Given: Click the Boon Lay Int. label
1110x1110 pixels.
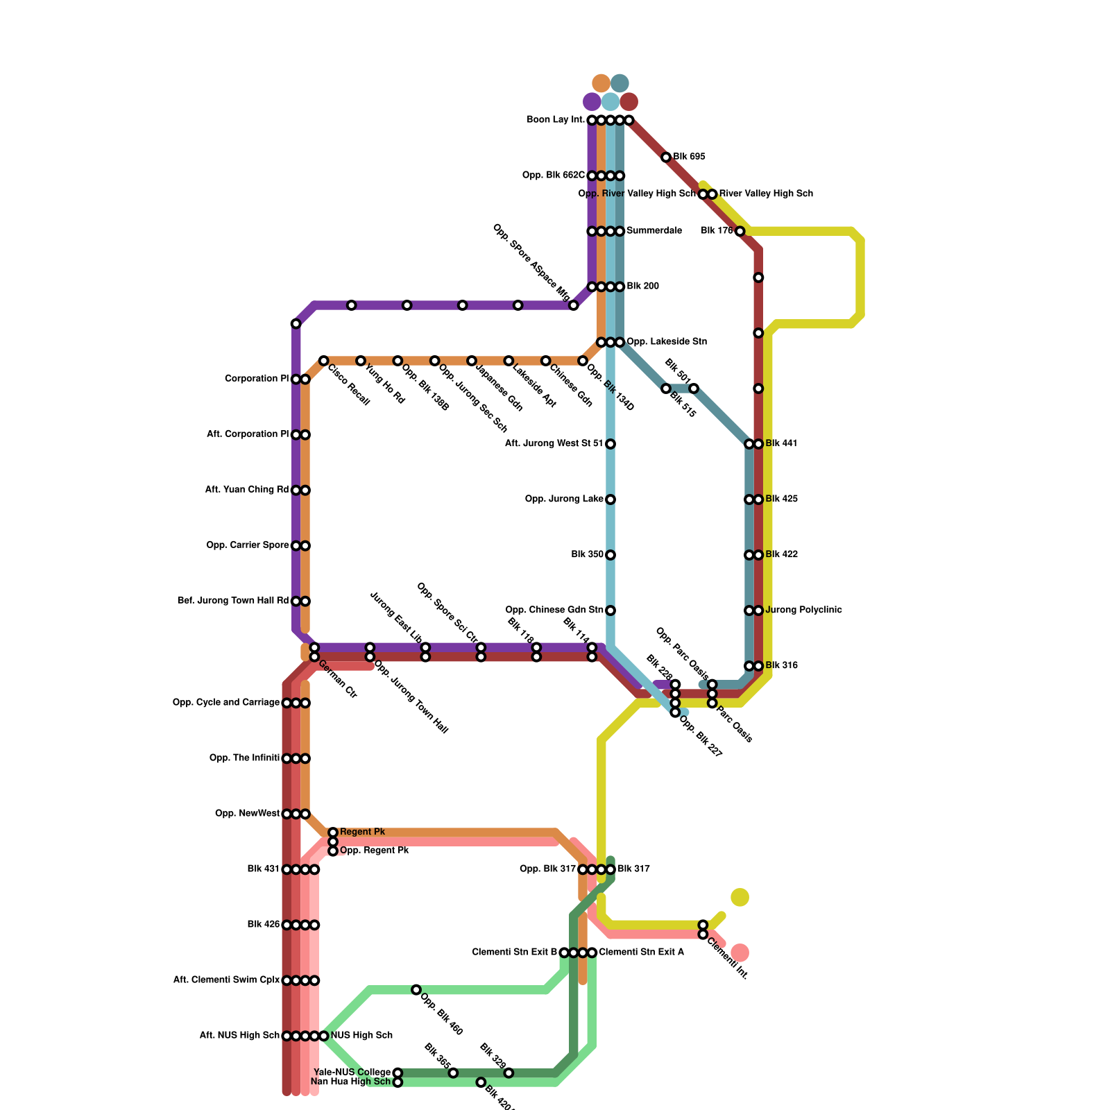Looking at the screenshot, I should (x=555, y=120).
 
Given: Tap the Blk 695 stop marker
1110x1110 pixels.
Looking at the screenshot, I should (x=666, y=157).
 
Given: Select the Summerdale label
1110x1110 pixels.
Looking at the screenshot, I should (x=654, y=231).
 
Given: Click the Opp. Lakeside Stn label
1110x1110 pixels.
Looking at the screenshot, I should (x=666, y=342).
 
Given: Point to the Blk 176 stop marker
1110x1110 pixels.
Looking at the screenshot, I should (x=740, y=231).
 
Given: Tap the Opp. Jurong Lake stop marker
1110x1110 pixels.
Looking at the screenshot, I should (x=610, y=499).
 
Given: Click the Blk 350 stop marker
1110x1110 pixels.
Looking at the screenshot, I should (x=610, y=555).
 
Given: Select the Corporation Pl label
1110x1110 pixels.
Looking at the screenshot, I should (x=257, y=379).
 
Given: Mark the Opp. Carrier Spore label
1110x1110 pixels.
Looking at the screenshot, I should (x=247, y=545).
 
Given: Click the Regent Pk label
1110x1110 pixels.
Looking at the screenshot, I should (x=362, y=832).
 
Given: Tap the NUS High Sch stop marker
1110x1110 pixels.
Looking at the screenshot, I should (x=323, y=1036).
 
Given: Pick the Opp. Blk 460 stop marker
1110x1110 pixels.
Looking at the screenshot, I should (x=416, y=989).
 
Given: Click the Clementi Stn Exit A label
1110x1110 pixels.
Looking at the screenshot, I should (x=641, y=953).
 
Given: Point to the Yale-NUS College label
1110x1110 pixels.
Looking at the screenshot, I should (x=352, y=1073).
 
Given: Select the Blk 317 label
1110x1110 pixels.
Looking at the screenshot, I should (x=633, y=869).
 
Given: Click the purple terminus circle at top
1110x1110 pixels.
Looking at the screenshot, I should (x=592, y=102).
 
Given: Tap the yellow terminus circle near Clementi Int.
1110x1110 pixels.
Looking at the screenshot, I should (x=740, y=897).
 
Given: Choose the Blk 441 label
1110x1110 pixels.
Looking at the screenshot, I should (x=781, y=444).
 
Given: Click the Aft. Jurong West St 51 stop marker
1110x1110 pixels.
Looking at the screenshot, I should (x=610, y=444).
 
